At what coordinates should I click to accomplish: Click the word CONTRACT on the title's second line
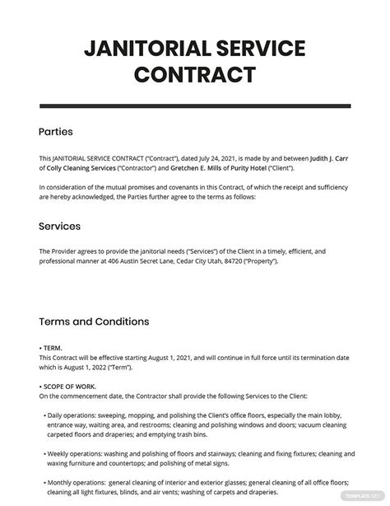click(x=195, y=75)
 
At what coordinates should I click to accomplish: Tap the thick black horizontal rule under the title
click(x=195, y=106)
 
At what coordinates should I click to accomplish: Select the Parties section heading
click(x=56, y=131)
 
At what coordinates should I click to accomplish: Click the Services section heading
click(x=60, y=226)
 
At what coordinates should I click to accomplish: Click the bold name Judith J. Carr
click(x=329, y=157)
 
